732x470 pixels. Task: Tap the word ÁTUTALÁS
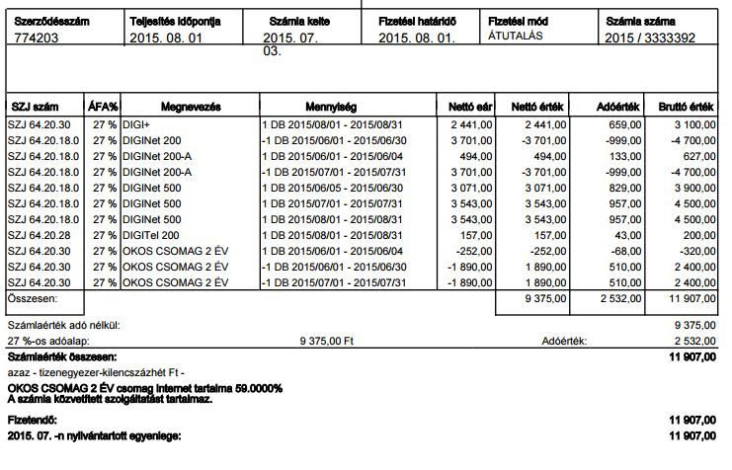click(518, 35)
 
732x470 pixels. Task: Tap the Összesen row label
click(33, 297)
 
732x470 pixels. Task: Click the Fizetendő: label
click(33, 420)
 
